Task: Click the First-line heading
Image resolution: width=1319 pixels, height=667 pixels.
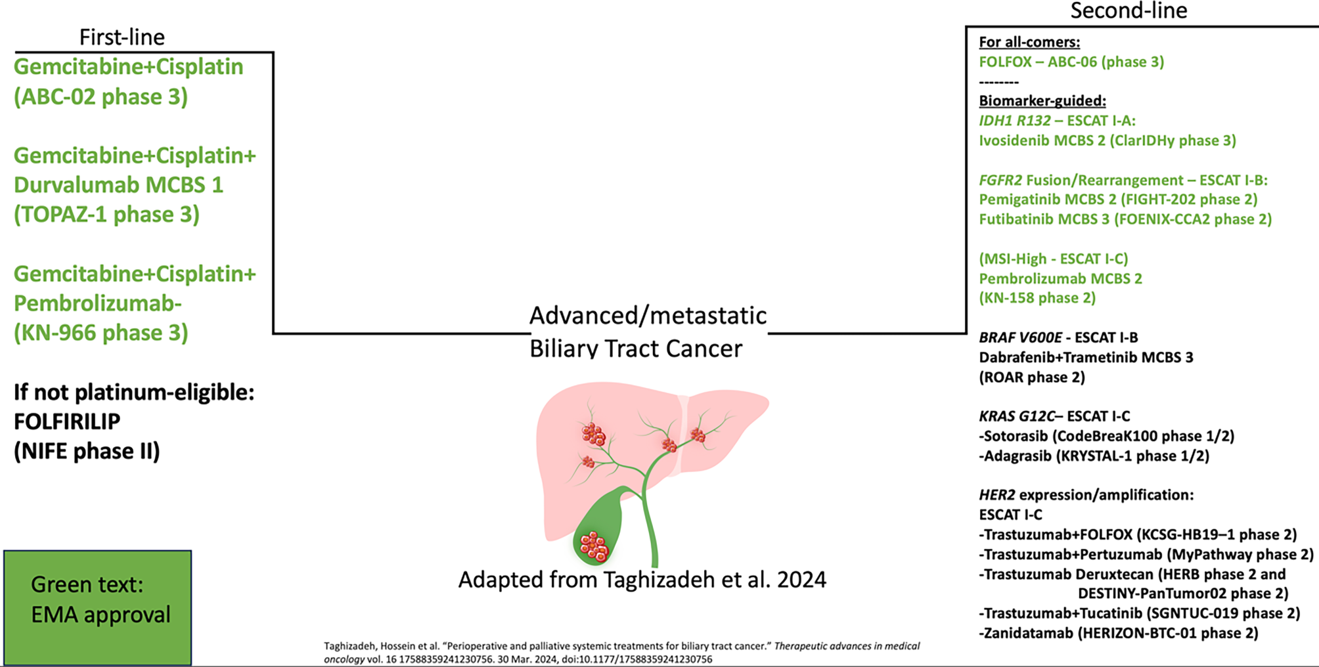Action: [x=122, y=37]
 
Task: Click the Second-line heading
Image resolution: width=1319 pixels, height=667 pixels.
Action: [x=1129, y=11]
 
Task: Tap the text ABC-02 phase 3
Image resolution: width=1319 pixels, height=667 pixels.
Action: [x=101, y=97]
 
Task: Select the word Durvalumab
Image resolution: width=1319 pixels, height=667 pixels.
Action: [x=75, y=185]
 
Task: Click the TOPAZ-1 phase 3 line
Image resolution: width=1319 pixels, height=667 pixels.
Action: [x=106, y=215]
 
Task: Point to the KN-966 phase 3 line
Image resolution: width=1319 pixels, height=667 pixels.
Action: [x=101, y=333]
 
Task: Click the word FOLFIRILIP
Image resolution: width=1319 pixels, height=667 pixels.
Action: [x=67, y=421]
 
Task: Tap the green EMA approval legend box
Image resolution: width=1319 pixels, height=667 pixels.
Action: [x=98, y=608]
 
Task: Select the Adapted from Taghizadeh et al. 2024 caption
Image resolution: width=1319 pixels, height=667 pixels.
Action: [x=642, y=580]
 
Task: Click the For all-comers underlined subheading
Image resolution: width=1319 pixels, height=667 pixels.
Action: [x=1029, y=42]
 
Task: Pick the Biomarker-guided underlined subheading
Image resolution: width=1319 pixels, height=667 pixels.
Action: [x=1042, y=101]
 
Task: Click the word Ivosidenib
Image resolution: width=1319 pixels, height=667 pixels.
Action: [x=1014, y=140]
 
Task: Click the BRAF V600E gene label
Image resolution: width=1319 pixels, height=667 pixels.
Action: [x=1020, y=337]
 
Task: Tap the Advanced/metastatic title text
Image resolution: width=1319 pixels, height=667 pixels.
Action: [x=648, y=316]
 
